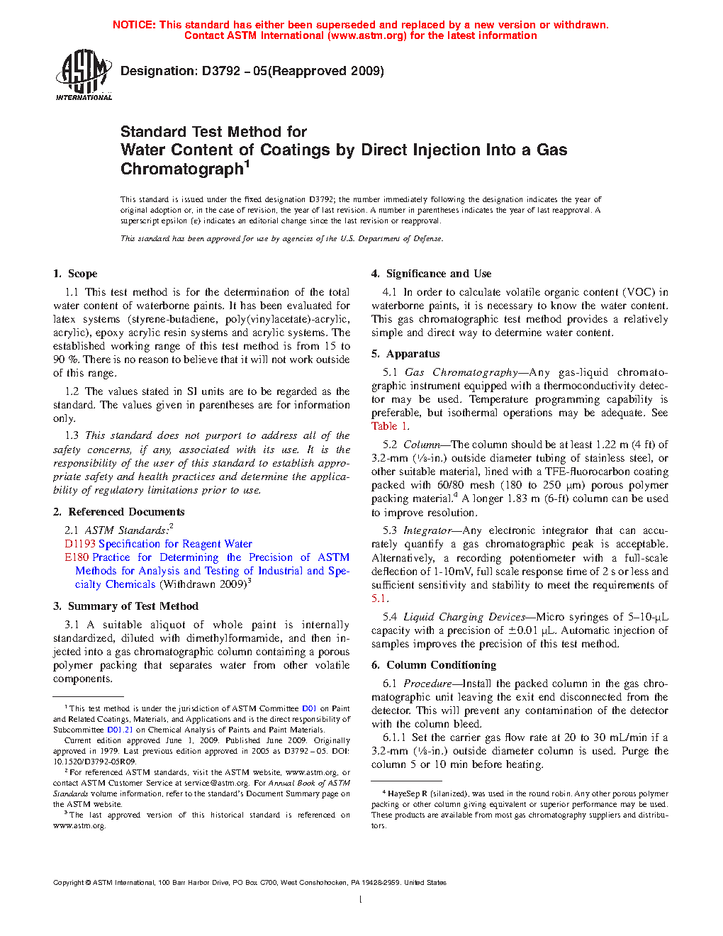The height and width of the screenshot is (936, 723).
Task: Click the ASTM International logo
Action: pyautogui.click(x=84, y=74)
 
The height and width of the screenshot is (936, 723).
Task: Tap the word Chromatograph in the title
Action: pyautogui.click(x=182, y=169)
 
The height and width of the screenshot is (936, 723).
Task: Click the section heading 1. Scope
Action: pyautogui.click(x=75, y=274)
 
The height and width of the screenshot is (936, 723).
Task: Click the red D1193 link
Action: pyautogui.click(x=79, y=544)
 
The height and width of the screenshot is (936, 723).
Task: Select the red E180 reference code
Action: pyautogui.click(x=77, y=557)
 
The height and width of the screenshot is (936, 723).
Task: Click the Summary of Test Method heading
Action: pyautogui.click(x=133, y=606)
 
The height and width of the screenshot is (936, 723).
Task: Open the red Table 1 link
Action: pyautogui.click(x=390, y=426)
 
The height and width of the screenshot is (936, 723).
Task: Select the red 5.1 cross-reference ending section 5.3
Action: pyautogui.click(x=379, y=598)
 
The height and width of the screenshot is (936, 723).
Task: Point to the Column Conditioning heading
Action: pyautogui.click(x=441, y=665)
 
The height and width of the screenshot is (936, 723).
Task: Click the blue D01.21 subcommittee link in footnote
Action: pyautogui.click(x=120, y=730)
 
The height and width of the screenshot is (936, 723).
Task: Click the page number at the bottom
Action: pyautogui.click(x=361, y=900)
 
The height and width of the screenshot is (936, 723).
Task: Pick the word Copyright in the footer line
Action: pyautogui.click(x=69, y=883)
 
